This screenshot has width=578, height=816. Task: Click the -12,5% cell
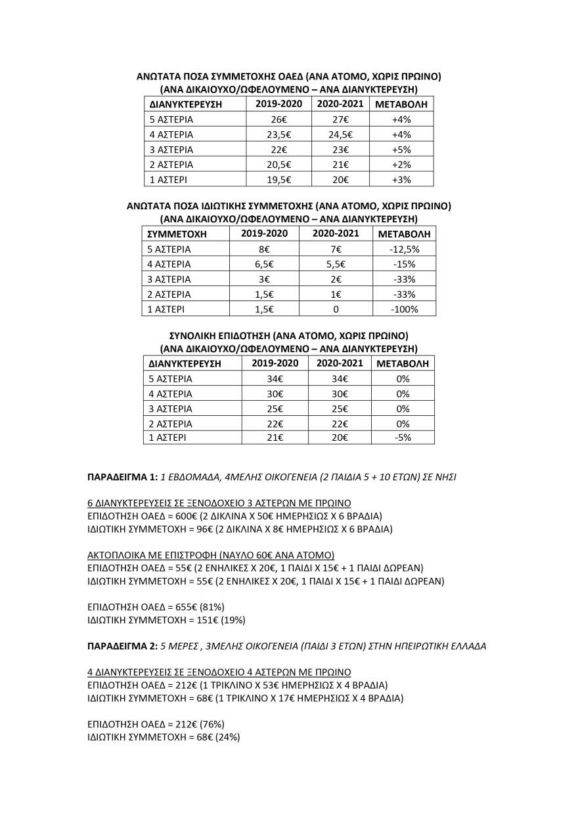[403, 249]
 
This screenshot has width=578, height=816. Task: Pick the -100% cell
[403, 309]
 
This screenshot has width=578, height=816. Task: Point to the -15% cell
[403, 264]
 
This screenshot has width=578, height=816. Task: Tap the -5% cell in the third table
[402, 438]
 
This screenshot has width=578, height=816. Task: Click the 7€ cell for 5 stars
[336, 249]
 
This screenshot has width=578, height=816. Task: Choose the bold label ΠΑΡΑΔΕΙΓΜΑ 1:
[122, 478]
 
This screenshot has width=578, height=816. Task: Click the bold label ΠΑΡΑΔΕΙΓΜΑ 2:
[122, 646]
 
